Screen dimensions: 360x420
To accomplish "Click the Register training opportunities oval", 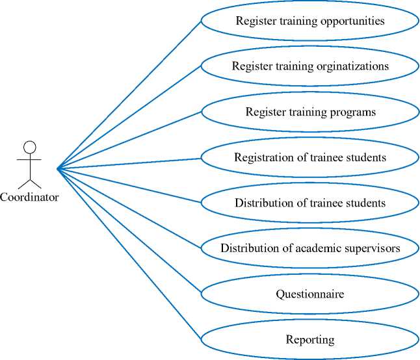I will tap(310, 21).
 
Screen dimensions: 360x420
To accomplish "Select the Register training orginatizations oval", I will tap(310, 66).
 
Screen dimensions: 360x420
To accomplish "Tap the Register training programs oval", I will tap(310, 112).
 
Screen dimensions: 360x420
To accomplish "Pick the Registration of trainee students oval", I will tap(310, 157).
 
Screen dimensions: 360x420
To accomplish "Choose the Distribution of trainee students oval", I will tap(310, 203).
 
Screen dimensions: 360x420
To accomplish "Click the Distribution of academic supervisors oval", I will tap(310, 248).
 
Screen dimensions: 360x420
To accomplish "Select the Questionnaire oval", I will tap(310, 294).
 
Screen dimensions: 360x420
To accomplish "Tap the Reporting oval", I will tap(310, 339).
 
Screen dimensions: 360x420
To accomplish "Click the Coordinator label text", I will tap(29, 197).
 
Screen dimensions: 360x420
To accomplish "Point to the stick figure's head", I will tap(29, 147).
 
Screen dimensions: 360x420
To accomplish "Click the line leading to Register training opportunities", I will tap(130, 94).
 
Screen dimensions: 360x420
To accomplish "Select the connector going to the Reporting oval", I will tap(130, 254).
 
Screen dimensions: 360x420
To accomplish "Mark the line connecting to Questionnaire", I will tap(130, 232).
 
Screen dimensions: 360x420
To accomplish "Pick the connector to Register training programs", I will tap(130, 140).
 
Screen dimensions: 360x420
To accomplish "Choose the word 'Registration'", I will tap(261, 158).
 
